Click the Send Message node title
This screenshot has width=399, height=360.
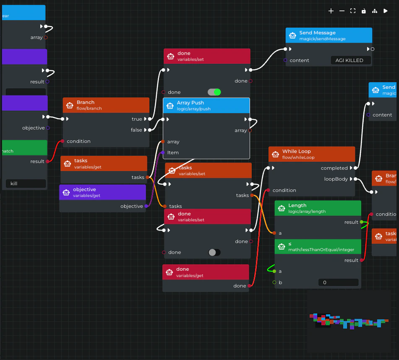click(x=317, y=33)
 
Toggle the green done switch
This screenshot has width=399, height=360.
click(x=214, y=92)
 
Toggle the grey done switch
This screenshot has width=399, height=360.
click(x=214, y=252)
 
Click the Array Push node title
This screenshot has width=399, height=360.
click(x=190, y=103)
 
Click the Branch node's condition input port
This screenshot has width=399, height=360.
click(x=63, y=141)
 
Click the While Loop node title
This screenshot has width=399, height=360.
click(x=296, y=151)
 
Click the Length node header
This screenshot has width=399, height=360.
click(x=297, y=206)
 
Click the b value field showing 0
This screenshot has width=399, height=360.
click(x=338, y=282)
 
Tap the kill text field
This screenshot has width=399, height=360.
click(x=26, y=184)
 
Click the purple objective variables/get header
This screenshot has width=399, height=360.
click(x=84, y=189)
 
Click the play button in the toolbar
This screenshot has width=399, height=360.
click(x=386, y=11)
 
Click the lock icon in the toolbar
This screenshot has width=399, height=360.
click(x=364, y=11)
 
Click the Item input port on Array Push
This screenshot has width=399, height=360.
click(x=163, y=153)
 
